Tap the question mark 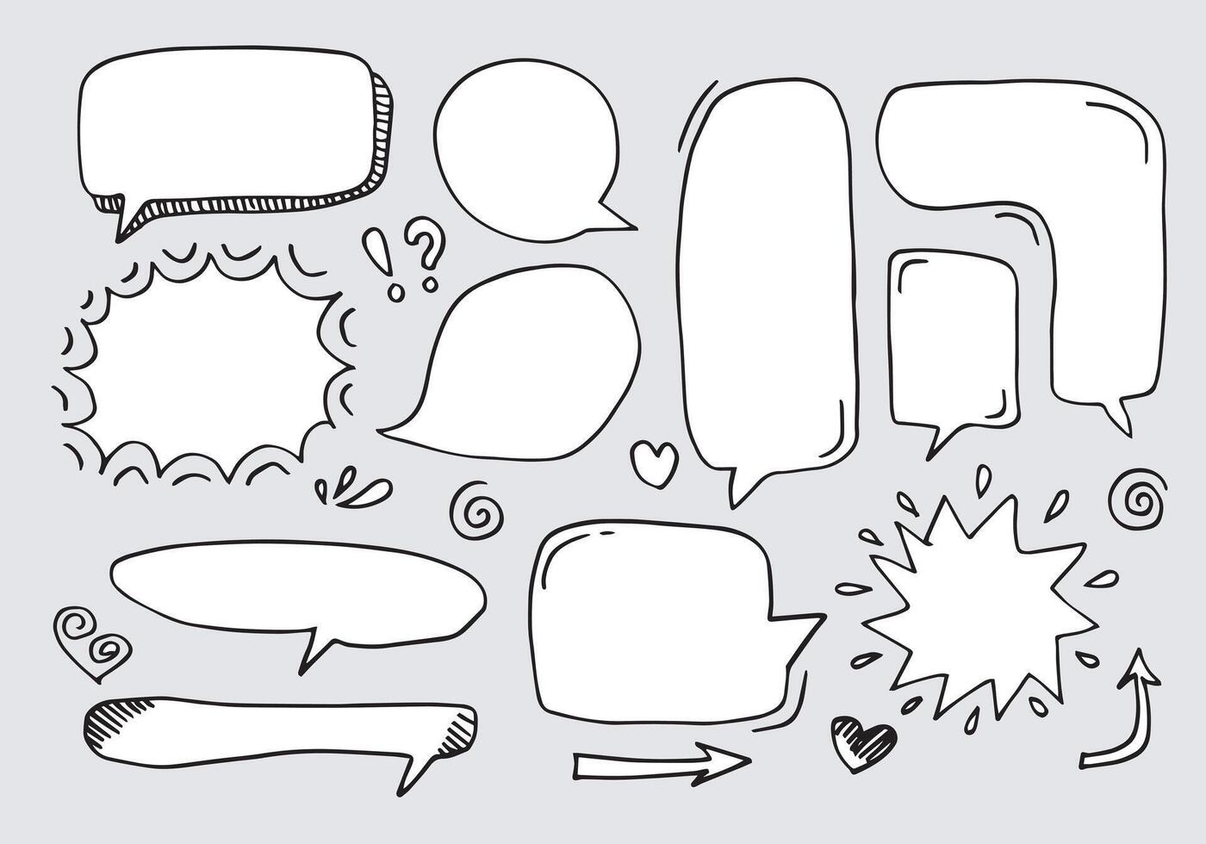[424, 245]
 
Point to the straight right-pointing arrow [661, 762]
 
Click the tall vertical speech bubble [770, 276]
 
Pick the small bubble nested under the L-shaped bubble [952, 340]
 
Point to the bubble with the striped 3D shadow [228, 129]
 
